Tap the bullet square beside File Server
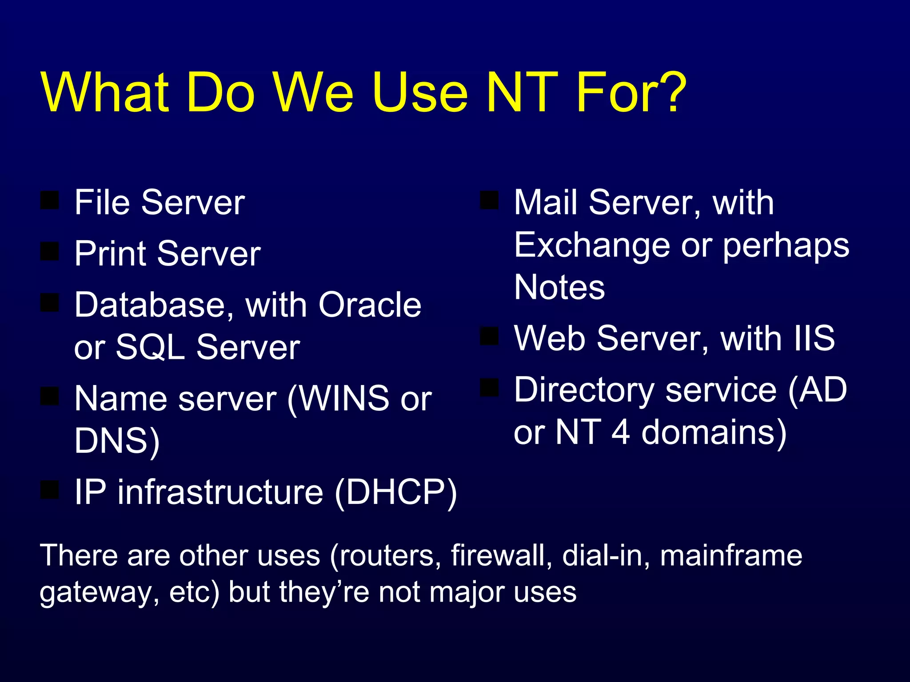click(49, 200)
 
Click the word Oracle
click(370, 305)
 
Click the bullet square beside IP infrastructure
click(49, 490)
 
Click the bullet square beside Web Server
click(489, 336)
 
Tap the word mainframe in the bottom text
click(731, 555)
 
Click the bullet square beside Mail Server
click(489, 200)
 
